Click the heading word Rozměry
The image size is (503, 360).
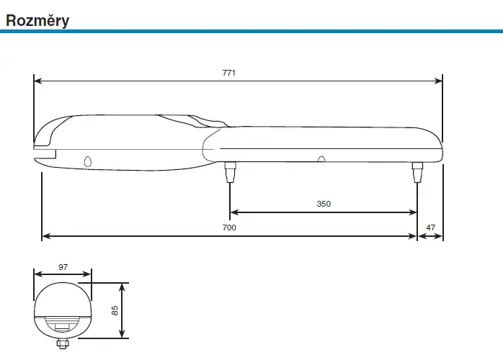pos(37,20)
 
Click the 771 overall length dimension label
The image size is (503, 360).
pos(229,73)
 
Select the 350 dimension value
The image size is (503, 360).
pos(324,204)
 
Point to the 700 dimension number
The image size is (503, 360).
pos(229,228)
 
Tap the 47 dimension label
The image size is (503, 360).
pos(431,228)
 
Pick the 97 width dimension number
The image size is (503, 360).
pos(63,266)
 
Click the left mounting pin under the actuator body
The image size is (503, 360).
pos(230,172)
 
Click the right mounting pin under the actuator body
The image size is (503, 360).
pos(417,172)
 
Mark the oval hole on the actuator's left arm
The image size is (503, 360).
pos(88,161)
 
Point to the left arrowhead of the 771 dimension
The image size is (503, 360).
pos(37,81)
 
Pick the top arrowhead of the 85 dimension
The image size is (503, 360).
pos(123,286)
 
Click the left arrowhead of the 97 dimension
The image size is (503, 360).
pos(37,274)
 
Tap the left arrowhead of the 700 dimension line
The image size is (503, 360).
pos(45,235)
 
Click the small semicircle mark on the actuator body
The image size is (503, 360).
pos(321,160)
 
